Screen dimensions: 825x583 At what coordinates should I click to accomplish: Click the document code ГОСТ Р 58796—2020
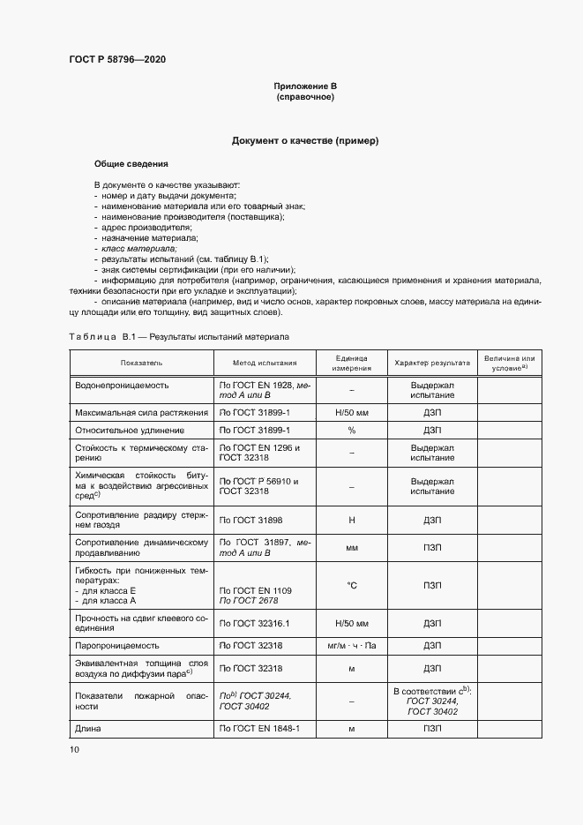click(x=116, y=59)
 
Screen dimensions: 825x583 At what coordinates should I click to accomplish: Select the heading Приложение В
click(x=305, y=86)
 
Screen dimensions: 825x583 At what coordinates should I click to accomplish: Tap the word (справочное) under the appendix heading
click(x=305, y=97)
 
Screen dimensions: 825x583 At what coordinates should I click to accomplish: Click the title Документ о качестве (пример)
click(x=305, y=140)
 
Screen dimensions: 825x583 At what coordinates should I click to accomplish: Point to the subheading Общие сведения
click(x=131, y=164)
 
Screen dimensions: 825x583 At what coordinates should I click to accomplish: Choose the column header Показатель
click(x=141, y=363)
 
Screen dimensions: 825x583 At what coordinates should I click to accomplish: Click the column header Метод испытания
click(x=265, y=363)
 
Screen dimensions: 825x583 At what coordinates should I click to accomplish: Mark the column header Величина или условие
click(x=509, y=363)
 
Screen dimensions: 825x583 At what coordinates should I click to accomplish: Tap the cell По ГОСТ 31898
click(x=250, y=521)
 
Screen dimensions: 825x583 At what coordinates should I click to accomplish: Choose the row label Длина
click(x=89, y=728)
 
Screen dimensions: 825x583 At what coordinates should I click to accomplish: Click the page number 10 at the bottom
click(x=74, y=749)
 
